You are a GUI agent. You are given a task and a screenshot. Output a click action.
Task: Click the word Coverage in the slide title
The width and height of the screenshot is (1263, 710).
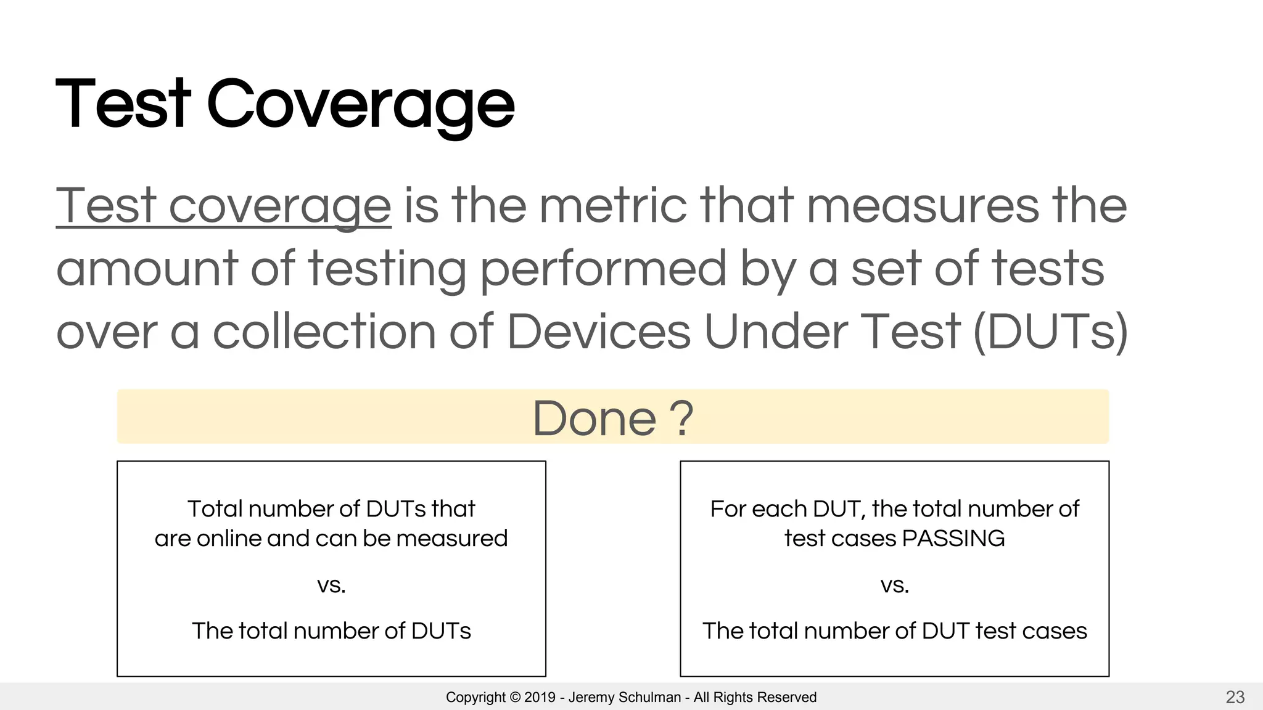point(360,105)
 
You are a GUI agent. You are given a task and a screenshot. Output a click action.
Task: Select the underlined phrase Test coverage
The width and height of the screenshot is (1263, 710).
point(223,206)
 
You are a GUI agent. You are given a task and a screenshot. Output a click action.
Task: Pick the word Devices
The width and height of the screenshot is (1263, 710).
point(598,332)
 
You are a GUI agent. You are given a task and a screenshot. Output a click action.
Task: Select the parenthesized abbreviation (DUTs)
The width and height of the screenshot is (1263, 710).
point(1050,332)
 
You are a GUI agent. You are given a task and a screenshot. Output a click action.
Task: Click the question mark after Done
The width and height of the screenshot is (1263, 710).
point(681,418)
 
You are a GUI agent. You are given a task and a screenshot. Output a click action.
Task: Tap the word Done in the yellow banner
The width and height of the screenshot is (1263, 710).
point(594,418)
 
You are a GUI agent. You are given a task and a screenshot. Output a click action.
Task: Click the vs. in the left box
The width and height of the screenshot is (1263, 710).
point(331,584)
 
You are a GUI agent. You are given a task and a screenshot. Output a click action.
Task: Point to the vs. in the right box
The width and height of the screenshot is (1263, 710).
point(894,584)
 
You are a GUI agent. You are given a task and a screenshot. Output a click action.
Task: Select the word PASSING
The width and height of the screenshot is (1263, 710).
point(953,539)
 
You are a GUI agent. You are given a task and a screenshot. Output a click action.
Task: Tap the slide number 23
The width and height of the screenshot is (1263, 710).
point(1235,697)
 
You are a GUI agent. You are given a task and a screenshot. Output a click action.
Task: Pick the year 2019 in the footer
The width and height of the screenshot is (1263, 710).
point(540,698)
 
